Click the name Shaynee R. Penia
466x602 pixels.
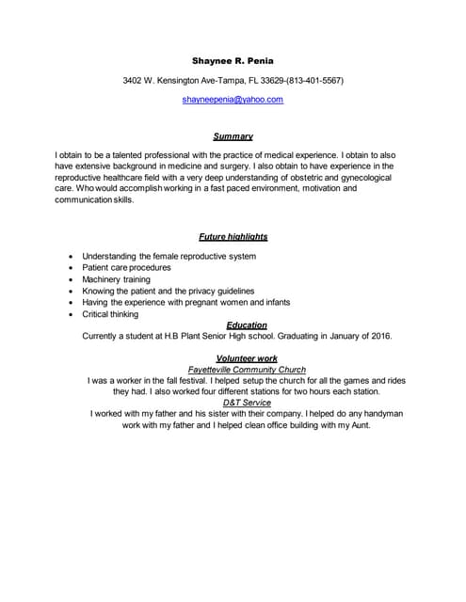pyautogui.click(x=233, y=60)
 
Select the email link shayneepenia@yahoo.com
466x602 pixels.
pyautogui.click(x=233, y=99)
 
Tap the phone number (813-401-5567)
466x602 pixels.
pyautogui.click(x=310, y=81)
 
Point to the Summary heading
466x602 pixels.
pyautogui.click(x=233, y=136)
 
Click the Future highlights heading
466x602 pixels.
pyautogui.click(x=233, y=237)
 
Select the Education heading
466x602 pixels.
pyautogui.click(x=247, y=325)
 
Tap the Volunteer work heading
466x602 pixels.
pyautogui.click(x=247, y=358)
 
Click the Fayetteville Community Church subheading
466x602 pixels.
pyautogui.click(x=246, y=370)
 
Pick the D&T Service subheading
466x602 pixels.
pyautogui.click(x=246, y=403)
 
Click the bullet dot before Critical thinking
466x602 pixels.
pyautogui.click(x=72, y=315)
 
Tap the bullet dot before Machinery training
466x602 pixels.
pyautogui.click(x=72, y=280)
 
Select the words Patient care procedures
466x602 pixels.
pyautogui.click(x=126, y=268)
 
